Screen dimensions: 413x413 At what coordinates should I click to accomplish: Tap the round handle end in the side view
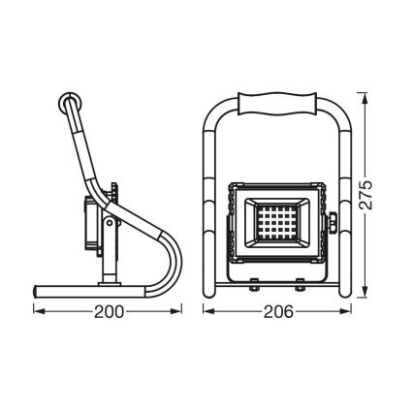tap(69, 104)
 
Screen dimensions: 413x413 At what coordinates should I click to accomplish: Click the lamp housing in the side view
tap(98, 224)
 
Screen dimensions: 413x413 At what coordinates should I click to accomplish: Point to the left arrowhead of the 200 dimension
tap(37, 312)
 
